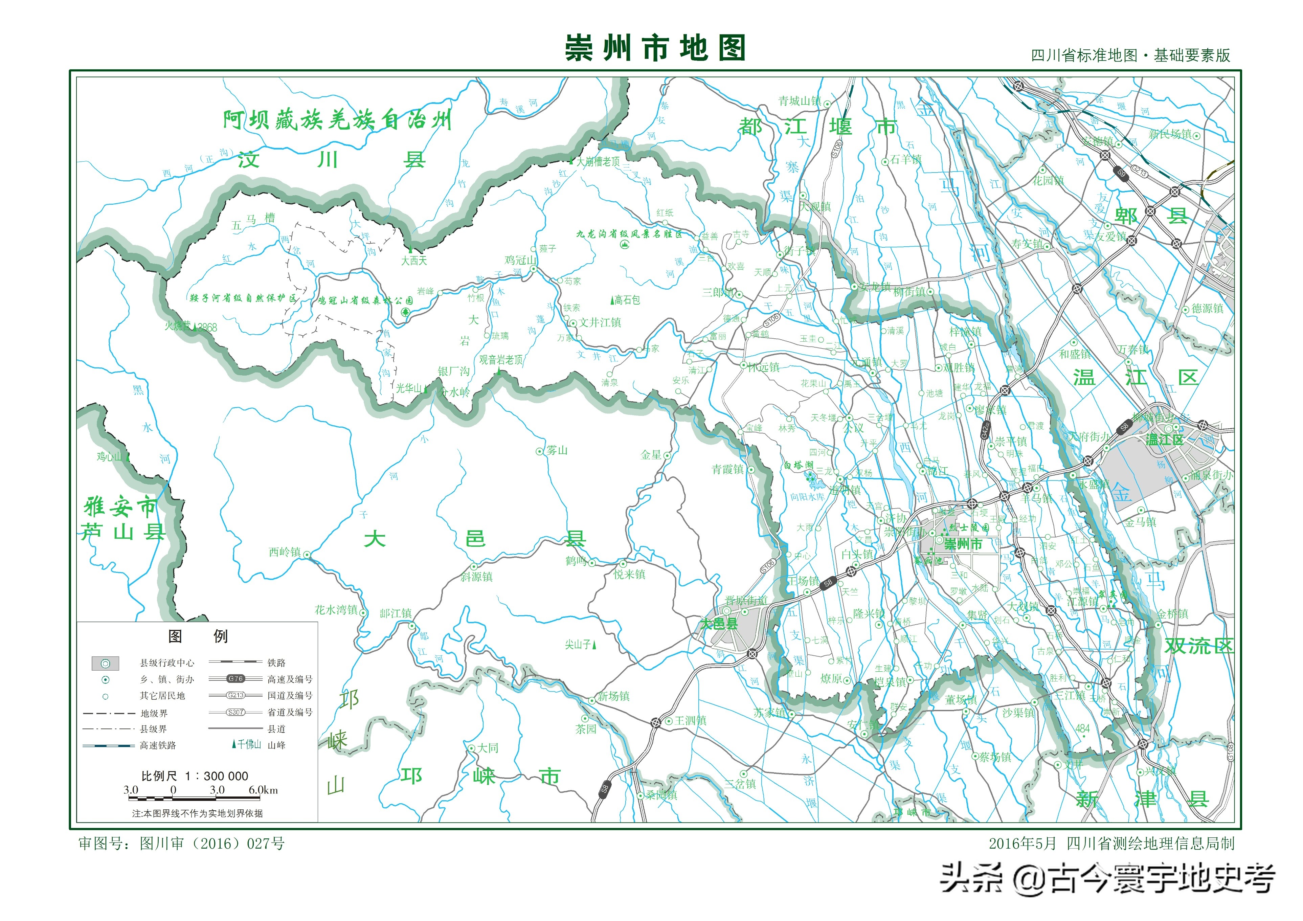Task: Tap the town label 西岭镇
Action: pyautogui.click(x=285, y=552)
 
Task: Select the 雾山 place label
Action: pyautogui.click(x=557, y=451)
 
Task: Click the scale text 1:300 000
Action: pyautogui.click(x=195, y=776)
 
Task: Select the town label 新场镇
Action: pyautogui.click(x=613, y=696)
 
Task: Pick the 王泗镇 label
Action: pyautogui.click(x=691, y=721)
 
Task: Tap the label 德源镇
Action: pyautogui.click(x=1208, y=308)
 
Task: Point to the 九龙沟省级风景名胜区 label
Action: pyautogui.click(x=629, y=234)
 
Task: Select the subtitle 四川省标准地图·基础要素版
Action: pyautogui.click(x=1130, y=55)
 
